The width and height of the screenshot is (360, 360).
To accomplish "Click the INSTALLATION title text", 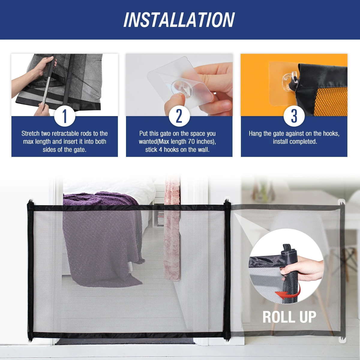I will coord(179,20).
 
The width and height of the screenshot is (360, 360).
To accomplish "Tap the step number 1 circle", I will coord(64,116).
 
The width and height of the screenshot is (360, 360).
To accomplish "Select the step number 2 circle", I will coord(179,116).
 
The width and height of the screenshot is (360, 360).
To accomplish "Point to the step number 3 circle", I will coord(294,116).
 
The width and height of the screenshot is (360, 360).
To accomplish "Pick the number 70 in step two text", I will coord(191,142).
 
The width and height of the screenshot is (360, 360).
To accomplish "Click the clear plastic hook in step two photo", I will coord(182,88).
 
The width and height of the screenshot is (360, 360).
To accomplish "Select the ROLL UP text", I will coord(289,317).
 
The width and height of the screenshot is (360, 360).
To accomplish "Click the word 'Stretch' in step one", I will coord(30,133).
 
